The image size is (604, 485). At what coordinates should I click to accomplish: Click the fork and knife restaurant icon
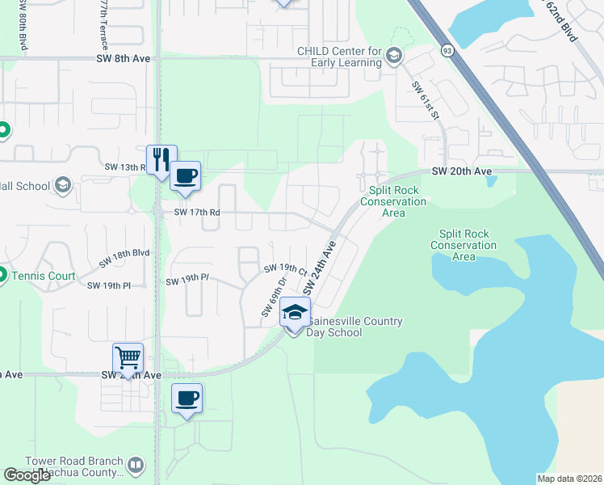point(161,158)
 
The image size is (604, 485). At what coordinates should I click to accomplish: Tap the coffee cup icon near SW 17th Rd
point(186,175)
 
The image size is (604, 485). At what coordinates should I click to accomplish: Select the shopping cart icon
point(128,356)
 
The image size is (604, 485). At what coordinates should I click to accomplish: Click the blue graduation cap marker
point(296,312)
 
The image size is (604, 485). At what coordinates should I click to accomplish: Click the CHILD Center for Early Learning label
point(339,56)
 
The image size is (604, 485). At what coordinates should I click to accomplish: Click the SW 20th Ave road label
point(462,171)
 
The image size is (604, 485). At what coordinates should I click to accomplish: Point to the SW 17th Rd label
point(197,213)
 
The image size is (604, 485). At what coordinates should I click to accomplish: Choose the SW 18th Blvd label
point(125,258)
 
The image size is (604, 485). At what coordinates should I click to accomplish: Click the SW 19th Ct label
point(282,268)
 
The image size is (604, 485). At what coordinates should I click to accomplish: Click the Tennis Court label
point(44,276)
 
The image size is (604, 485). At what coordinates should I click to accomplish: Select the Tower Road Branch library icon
point(135,466)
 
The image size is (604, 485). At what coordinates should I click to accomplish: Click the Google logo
point(27,475)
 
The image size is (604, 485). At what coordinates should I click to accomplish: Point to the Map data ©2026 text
point(570,479)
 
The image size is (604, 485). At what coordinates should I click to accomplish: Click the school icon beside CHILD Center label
point(393,56)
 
